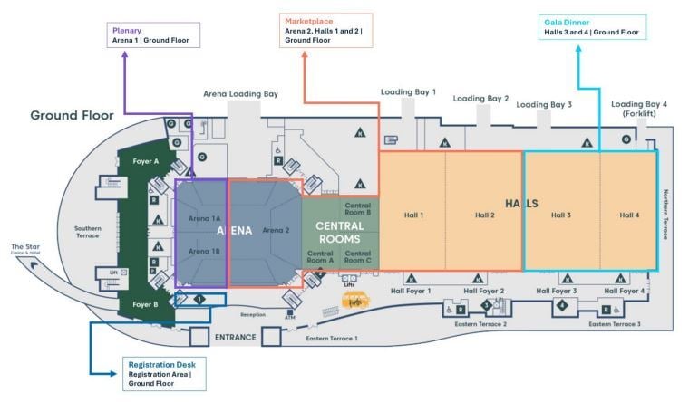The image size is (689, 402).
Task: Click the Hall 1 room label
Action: [414, 215]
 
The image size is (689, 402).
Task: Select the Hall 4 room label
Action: [629, 215]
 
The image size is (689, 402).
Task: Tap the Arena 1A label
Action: [204, 218]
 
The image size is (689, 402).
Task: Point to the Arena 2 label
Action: [276, 230]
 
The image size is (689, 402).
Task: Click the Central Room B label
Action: [357, 210]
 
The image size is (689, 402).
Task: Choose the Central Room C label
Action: [357, 257]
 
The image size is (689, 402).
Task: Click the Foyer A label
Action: [145, 161]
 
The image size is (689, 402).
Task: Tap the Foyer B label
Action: [144, 304]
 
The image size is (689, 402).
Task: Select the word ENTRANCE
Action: [235, 338]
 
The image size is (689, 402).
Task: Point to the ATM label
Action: [290, 318]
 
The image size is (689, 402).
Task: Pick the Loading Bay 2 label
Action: [480, 99]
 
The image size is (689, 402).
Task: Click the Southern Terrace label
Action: [87, 232]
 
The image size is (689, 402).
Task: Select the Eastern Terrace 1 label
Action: [331, 338]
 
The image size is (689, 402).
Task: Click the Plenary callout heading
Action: [128, 30]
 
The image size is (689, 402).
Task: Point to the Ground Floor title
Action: [72, 115]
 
